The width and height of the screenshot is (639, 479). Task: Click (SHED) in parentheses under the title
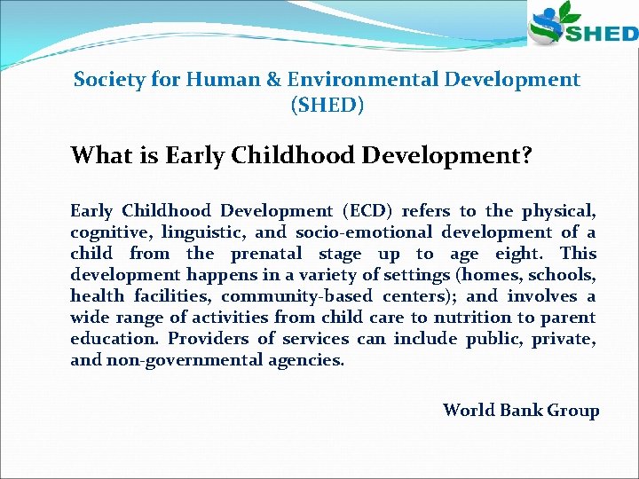click(x=327, y=106)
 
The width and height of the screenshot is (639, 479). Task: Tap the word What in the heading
click(x=100, y=156)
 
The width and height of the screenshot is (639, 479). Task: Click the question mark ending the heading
click(x=526, y=156)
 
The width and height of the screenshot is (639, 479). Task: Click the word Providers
click(x=209, y=339)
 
